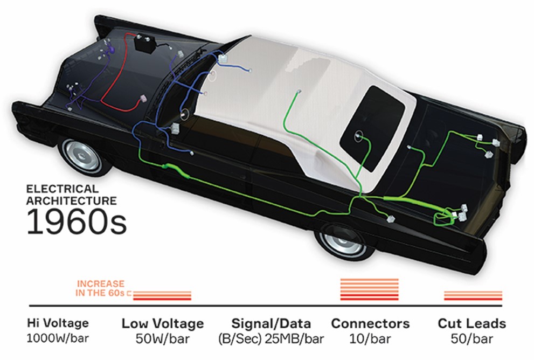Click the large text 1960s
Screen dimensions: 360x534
point(77,221)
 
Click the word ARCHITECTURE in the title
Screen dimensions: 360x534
point(72,201)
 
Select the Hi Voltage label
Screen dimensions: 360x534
point(58,323)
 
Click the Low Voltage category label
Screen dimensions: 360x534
point(162,323)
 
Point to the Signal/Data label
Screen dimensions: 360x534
point(271,323)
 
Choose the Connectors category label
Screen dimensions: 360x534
point(370,323)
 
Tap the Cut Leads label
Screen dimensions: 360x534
point(472,323)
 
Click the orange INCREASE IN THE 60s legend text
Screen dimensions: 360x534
point(101,288)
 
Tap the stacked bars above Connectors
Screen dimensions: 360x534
point(370,289)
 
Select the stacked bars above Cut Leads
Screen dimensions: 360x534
point(473,295)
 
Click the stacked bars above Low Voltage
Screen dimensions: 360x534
point(162,295)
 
